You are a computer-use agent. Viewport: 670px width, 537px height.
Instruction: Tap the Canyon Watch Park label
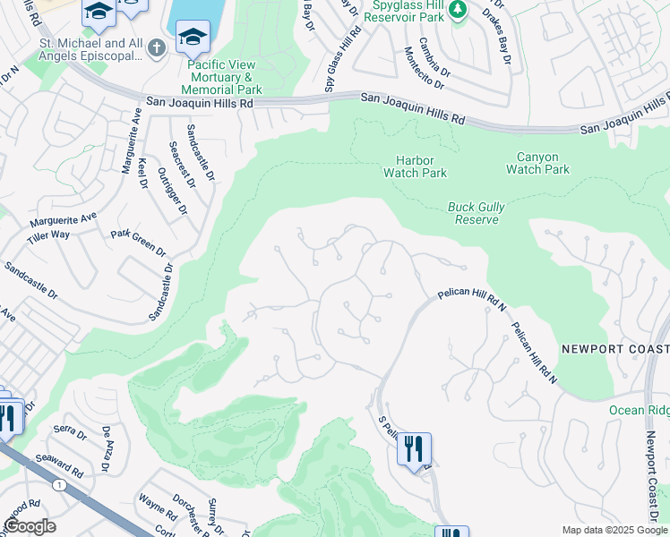click(x=537, y=163)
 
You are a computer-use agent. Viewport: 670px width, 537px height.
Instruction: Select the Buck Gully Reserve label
click(x=476, y=213)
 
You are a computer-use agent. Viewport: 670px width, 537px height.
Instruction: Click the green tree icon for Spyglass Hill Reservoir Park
click(x=459, y=10)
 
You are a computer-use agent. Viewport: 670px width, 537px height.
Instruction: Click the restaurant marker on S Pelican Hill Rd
click(x=413, y=448)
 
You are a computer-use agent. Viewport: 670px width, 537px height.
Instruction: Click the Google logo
click(x=30, y=526)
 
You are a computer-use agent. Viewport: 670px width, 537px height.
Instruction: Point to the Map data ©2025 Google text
click(x=614, y=530)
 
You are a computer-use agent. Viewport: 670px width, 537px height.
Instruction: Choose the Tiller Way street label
click(x=48, y=234)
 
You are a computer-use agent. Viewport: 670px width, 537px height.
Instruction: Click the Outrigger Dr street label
click(x=172, y=191)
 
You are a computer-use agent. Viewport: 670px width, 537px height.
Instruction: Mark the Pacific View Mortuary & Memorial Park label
click(x=221, y=77)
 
